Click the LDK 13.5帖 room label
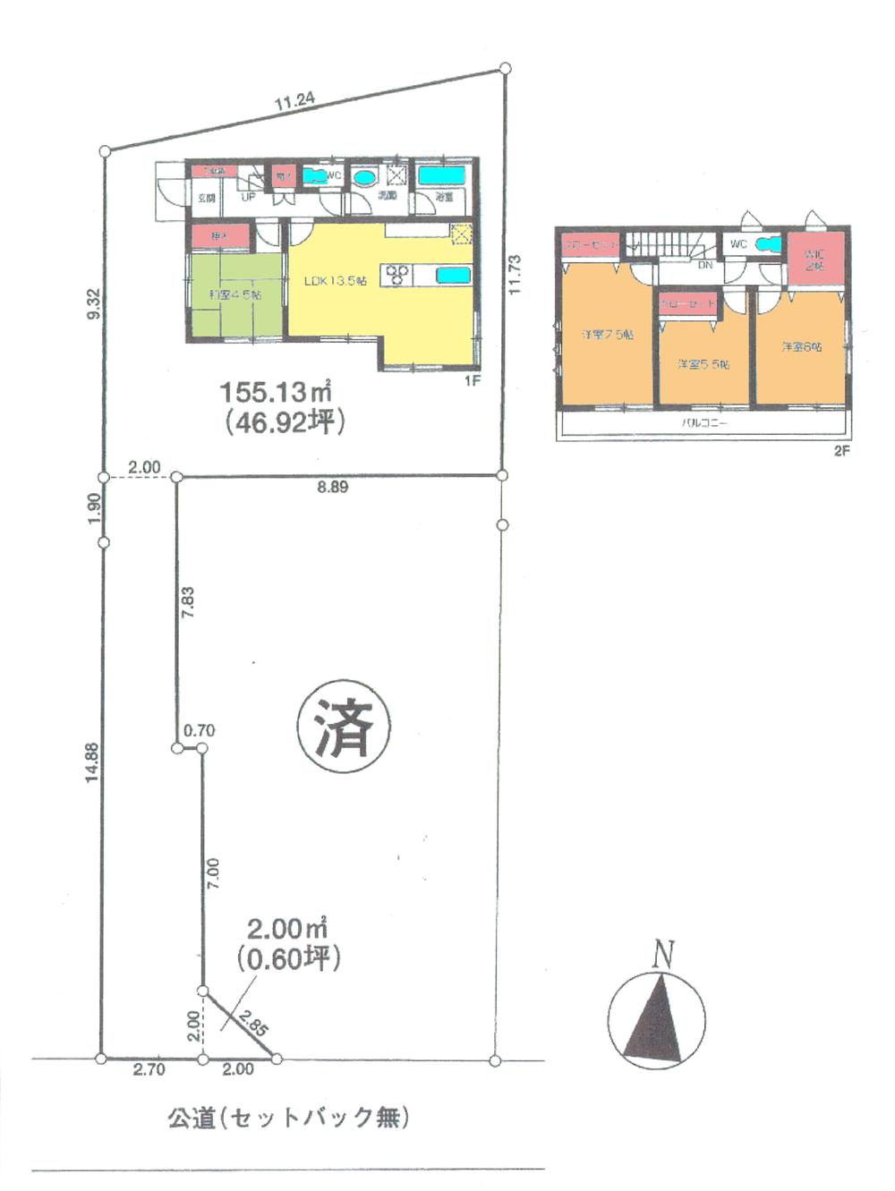[335, 281]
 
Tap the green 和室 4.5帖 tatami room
[234, 296]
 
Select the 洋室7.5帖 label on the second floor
[607, 335]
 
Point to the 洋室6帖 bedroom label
[801, 346]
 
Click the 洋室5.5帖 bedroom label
[703, 364]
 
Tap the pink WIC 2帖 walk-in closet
[814, 259]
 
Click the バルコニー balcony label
[704, 422]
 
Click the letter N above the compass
[662, 955]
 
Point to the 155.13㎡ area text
[276, 391]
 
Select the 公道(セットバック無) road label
[288, 1118]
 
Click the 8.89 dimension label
[333, 488]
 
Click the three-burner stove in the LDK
[397, 275]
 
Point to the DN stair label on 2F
[704, 265]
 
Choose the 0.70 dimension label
[199, 731]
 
